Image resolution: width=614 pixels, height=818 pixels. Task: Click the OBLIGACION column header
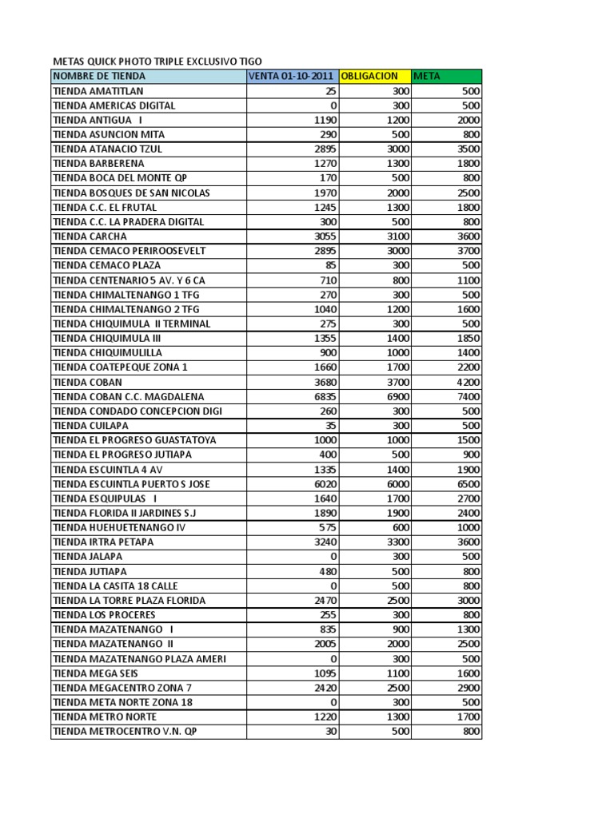[x=369, y=76]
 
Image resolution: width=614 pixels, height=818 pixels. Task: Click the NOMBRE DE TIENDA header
[x=99, y=76]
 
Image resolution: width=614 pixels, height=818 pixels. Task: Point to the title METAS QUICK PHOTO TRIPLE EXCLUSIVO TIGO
[x=157, y=61]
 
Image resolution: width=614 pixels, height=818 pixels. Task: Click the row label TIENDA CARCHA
[x=90, y=236]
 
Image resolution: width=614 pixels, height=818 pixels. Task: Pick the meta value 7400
[x=464, y=396]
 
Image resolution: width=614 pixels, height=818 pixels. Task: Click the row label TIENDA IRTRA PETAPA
[x=104, y=542]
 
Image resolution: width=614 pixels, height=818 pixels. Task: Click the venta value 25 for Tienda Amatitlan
[x=329, y=90]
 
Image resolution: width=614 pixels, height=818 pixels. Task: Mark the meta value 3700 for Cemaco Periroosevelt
[x=464, y=251]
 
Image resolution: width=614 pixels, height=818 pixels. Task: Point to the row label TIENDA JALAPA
[x=88, y=557]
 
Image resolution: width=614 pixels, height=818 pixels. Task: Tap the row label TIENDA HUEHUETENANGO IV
[x=119, y=527]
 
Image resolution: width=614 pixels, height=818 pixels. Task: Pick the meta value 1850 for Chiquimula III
[x=464, y=338]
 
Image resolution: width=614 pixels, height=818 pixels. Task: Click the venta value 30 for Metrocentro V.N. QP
[x=329, y=732]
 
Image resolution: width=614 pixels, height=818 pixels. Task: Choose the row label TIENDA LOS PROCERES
[x=104, y=615]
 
